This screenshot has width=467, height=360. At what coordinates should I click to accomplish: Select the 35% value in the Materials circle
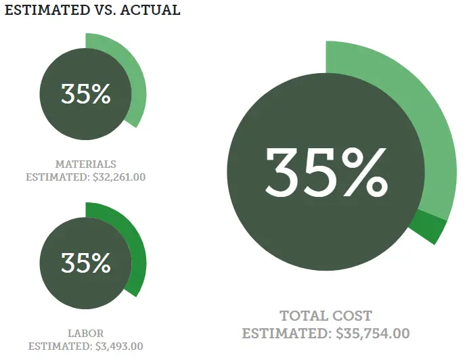(x=85, y=94)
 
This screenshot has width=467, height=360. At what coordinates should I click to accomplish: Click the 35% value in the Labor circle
(x=85, y=263)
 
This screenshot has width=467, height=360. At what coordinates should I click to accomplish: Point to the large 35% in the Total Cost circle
(x=326, y=171)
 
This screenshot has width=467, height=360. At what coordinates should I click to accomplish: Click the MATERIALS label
(x=85, y=164)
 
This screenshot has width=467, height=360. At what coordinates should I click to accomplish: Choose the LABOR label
(x=85, y=333)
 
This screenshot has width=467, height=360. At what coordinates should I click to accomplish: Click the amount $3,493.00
(x=118, y=346)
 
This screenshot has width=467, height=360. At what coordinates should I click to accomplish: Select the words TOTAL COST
(x=326, y=316)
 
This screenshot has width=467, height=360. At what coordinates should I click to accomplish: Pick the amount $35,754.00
(x=373, y=334)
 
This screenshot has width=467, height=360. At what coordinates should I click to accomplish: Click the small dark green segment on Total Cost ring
(x=429, y=227)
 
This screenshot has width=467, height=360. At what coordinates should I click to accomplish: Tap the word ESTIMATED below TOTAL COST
(x=287, y=334)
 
